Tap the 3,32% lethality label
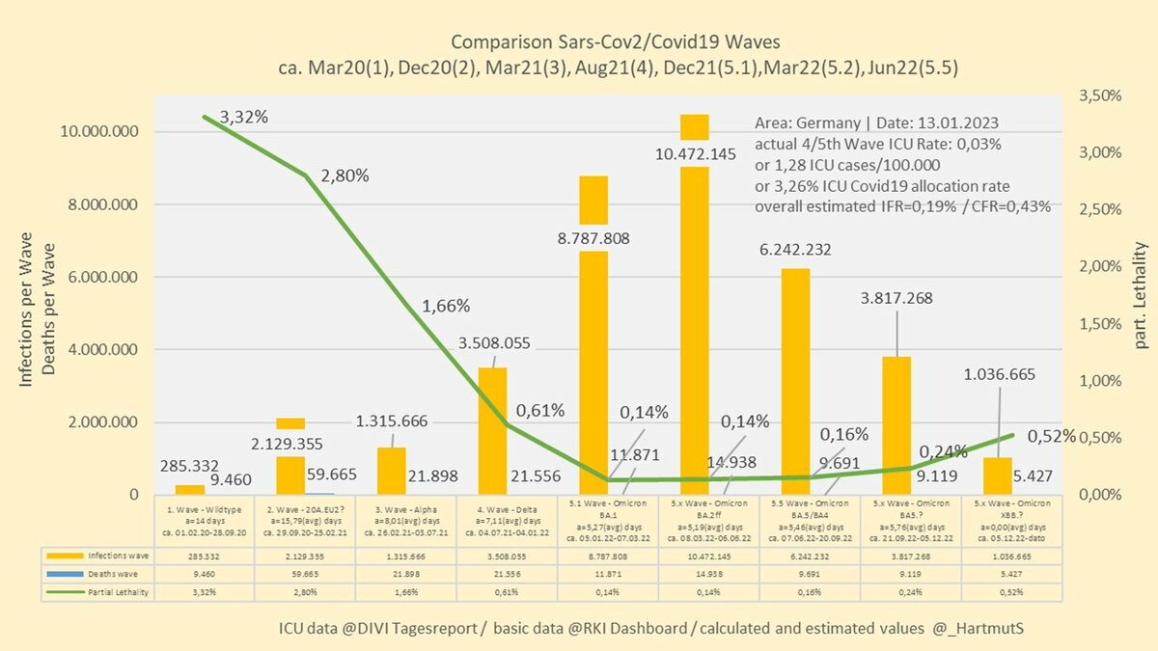click(244, 117)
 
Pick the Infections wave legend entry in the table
click(98, 556)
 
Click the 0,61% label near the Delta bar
click(540, 410)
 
